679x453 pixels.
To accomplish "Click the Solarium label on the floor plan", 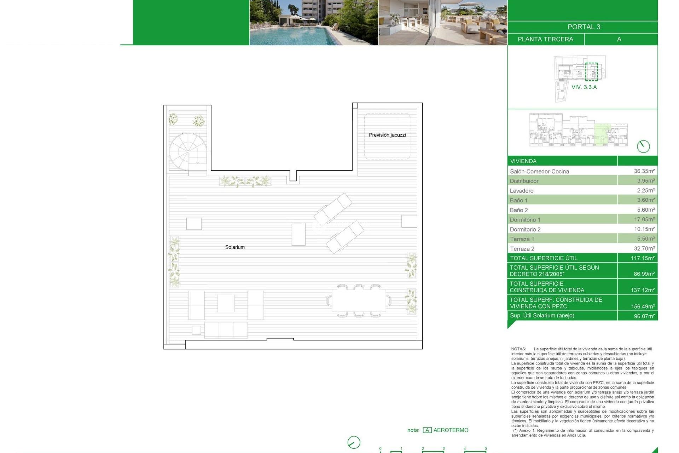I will (235, 247).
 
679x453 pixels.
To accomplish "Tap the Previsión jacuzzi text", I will (387, 135).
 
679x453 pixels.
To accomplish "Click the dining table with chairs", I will (359, 300).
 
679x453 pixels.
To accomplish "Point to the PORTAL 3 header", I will (584, 27).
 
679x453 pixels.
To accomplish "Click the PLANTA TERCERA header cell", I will (545, 39).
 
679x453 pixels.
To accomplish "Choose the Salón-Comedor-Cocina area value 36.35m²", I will (644, 171).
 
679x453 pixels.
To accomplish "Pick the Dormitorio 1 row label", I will (525, 219).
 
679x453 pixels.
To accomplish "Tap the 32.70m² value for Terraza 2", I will (644, 248).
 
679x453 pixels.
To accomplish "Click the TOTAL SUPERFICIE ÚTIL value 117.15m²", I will (642, 258).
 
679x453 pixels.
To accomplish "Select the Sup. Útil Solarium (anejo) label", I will (542, 315).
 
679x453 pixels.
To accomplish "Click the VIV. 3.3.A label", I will (584, 87).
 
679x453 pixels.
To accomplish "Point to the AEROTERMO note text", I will (451, 430).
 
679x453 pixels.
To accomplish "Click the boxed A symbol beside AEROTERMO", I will (427, 430).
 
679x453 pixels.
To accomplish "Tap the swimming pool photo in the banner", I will (314, 23).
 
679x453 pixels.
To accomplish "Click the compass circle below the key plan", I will (643, 146).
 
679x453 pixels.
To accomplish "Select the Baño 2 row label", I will (518, 210).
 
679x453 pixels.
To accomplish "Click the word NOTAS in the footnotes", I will (518, 349).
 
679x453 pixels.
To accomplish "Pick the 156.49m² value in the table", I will (643, 306).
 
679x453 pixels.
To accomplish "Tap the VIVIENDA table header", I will (523, 161).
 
